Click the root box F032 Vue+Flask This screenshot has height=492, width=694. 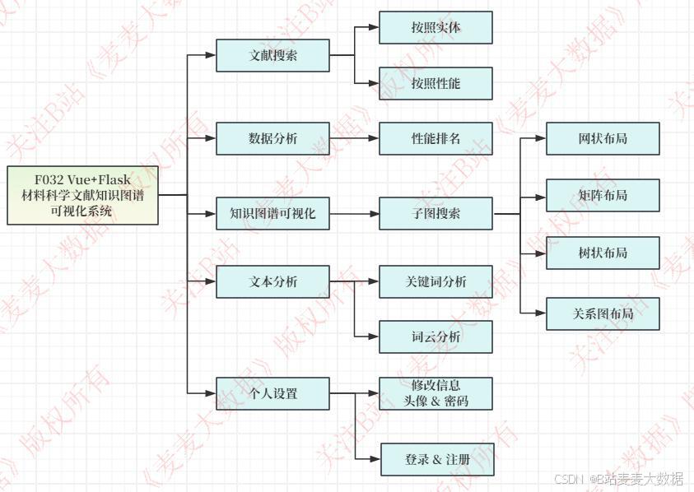(82, 195)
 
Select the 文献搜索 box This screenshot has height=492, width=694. (272, 56)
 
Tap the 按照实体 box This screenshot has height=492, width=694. (435, 27)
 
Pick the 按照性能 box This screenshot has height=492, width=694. (435, 83)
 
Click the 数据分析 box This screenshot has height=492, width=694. (272, 138)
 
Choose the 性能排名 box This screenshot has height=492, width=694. (435, 138)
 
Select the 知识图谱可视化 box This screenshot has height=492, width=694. (272, 213)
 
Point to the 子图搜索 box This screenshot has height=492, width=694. (435, 213)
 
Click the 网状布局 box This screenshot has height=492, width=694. (603, 138)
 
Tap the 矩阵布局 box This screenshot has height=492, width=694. (603, 195)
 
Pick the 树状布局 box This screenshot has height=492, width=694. (603, 253)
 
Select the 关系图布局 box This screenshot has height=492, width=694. (603, 313)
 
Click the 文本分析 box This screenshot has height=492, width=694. (272, 281)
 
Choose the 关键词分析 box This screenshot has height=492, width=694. (435, 281)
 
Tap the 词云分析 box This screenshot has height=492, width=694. (435, 337)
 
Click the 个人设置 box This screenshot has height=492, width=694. (272, 393)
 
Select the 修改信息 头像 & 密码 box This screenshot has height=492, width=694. (435, 393)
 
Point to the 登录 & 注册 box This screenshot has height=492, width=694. (437, 459)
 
